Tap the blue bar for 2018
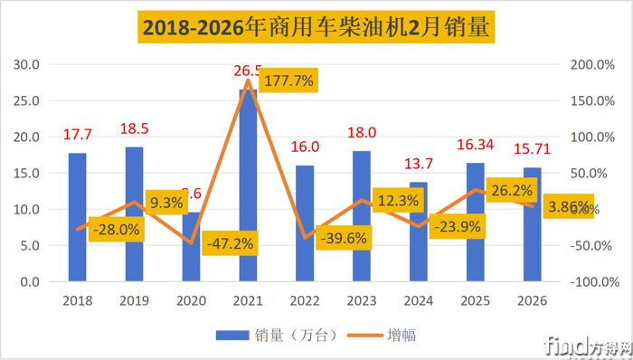point(78,217)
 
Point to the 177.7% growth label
point(287,81)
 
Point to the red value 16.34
point(476,143)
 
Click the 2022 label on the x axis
point(305,300)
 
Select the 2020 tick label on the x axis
point(192,300)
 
